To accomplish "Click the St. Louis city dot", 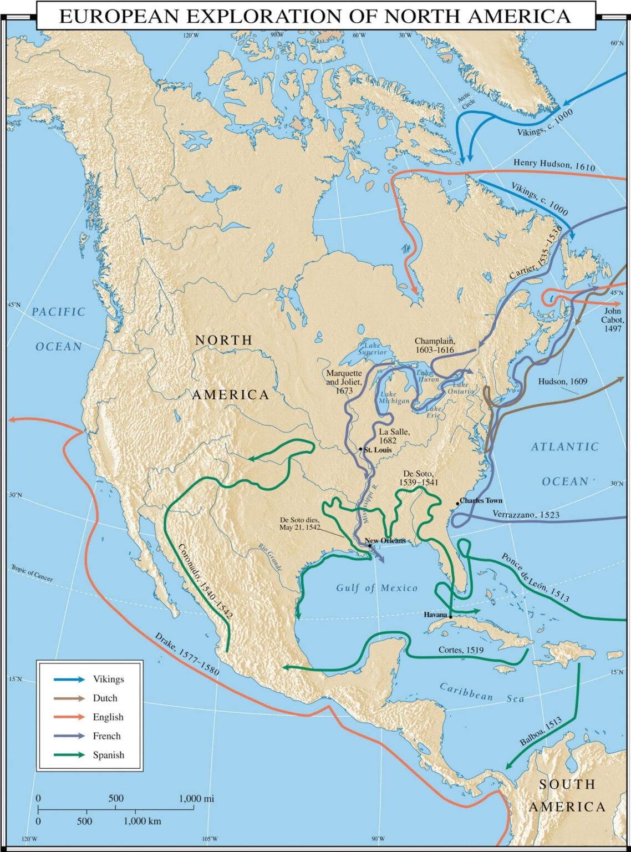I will click(361, 449).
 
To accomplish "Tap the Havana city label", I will click(435, 615).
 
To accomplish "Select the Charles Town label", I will click(481, 500).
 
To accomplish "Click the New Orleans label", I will click(385, 540).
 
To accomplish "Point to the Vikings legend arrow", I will click(69, 679).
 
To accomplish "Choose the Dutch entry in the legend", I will click(105, 698).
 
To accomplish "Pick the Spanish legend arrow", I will click(69, 755).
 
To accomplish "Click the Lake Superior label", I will click(373, 348).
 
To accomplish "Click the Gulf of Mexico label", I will click(376, 588).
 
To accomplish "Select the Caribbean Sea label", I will click(481, 692).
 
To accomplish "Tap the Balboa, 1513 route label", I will click(541, 731).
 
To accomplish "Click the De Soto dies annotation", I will click(300, 524).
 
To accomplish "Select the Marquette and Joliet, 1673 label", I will click(344, 382).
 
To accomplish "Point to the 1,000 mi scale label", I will click(196, 799).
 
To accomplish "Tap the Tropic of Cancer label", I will click(32, 573).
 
